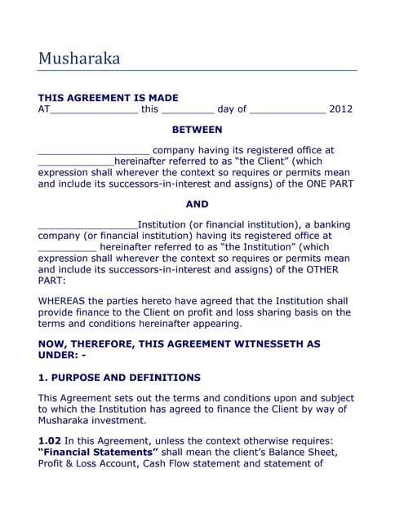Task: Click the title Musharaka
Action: coord(79,59)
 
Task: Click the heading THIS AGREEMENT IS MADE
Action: coord(108,97)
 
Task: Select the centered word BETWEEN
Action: coord(197,130)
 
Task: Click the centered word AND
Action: coord(197,204)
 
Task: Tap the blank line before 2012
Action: coord(286,111)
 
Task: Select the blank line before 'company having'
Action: coord(94,152)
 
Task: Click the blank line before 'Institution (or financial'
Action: coord(87,226)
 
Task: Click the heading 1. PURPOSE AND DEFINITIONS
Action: coord(119,378)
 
